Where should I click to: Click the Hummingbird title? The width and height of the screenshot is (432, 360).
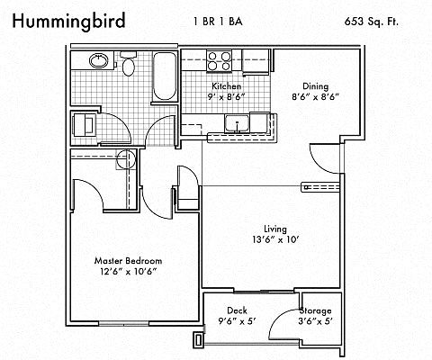[x=68, y=22]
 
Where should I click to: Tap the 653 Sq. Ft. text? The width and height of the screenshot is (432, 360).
[x=372, y=22]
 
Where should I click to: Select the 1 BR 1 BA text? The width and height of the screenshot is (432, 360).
[x=218, y=22]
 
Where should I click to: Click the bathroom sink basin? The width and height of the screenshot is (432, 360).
[x=99, y=61]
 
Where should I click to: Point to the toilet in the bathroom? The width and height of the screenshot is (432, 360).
[x=129, y=63]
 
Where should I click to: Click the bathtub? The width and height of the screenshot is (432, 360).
[x=164, y=76]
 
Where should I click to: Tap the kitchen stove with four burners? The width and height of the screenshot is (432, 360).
[x=220, y=61]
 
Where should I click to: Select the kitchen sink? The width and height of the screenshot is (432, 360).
[x=237, y=123]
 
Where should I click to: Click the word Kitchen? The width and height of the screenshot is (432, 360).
[x=227, y=86]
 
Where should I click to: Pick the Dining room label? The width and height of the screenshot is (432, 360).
[x=315, y=86]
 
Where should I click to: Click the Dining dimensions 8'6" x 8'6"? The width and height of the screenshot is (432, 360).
[x=315, y=97]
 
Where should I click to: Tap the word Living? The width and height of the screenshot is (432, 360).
[x=275, y=229]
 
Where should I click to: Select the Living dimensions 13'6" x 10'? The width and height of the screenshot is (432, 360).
[x=275, y=240]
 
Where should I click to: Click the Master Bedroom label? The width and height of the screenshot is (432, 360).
[x=128, y=261]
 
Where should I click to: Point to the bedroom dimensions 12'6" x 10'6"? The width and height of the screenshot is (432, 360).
[x=129, y=272]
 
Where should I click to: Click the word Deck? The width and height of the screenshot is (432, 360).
[x=237, y=310]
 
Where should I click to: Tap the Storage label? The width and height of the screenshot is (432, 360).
[x=315, y=310]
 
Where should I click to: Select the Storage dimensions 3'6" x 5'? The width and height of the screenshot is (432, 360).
[x=316, y=321]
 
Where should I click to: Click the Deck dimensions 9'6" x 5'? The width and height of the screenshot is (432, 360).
[x=237, y=321]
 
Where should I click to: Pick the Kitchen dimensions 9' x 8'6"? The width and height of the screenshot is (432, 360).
[x=227, y=97]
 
